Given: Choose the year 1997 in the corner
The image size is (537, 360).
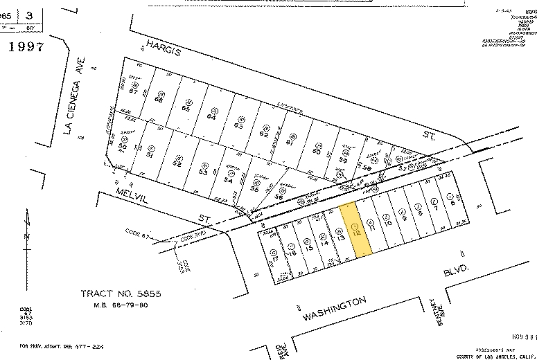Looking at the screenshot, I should tap(26, 47).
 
